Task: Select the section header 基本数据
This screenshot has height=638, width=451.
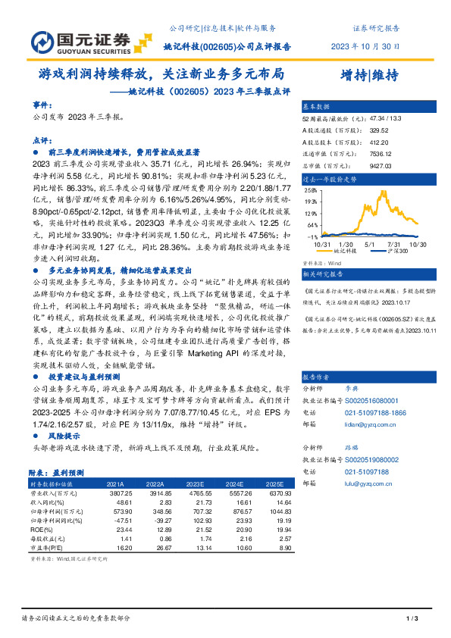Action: point(317,107)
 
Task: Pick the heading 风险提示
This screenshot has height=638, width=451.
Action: point(64,438)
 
